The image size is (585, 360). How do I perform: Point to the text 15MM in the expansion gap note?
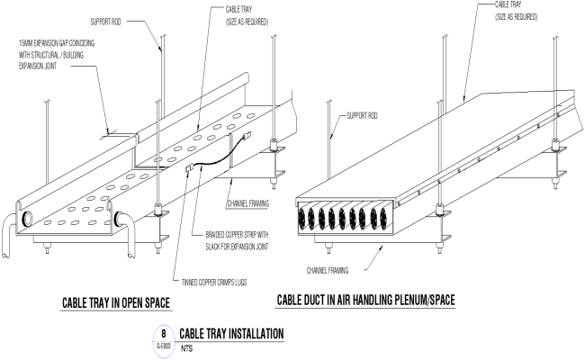coord(25,42)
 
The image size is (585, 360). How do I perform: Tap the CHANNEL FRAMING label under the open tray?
coord(248,203)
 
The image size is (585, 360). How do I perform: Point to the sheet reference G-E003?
coord(166,343)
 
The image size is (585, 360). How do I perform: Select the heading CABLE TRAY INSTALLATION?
coord(232,334)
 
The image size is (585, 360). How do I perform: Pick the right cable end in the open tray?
coord(119,217)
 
